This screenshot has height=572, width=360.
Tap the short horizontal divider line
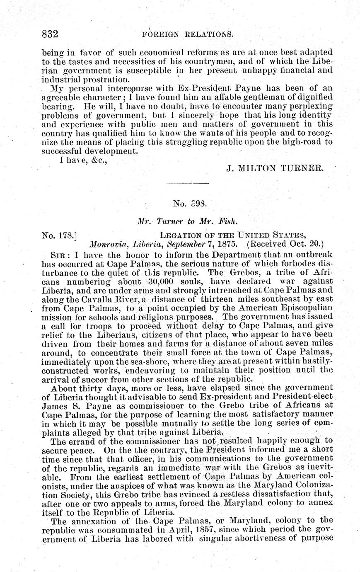(187, 183)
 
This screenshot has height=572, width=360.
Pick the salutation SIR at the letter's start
(57, 254)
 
